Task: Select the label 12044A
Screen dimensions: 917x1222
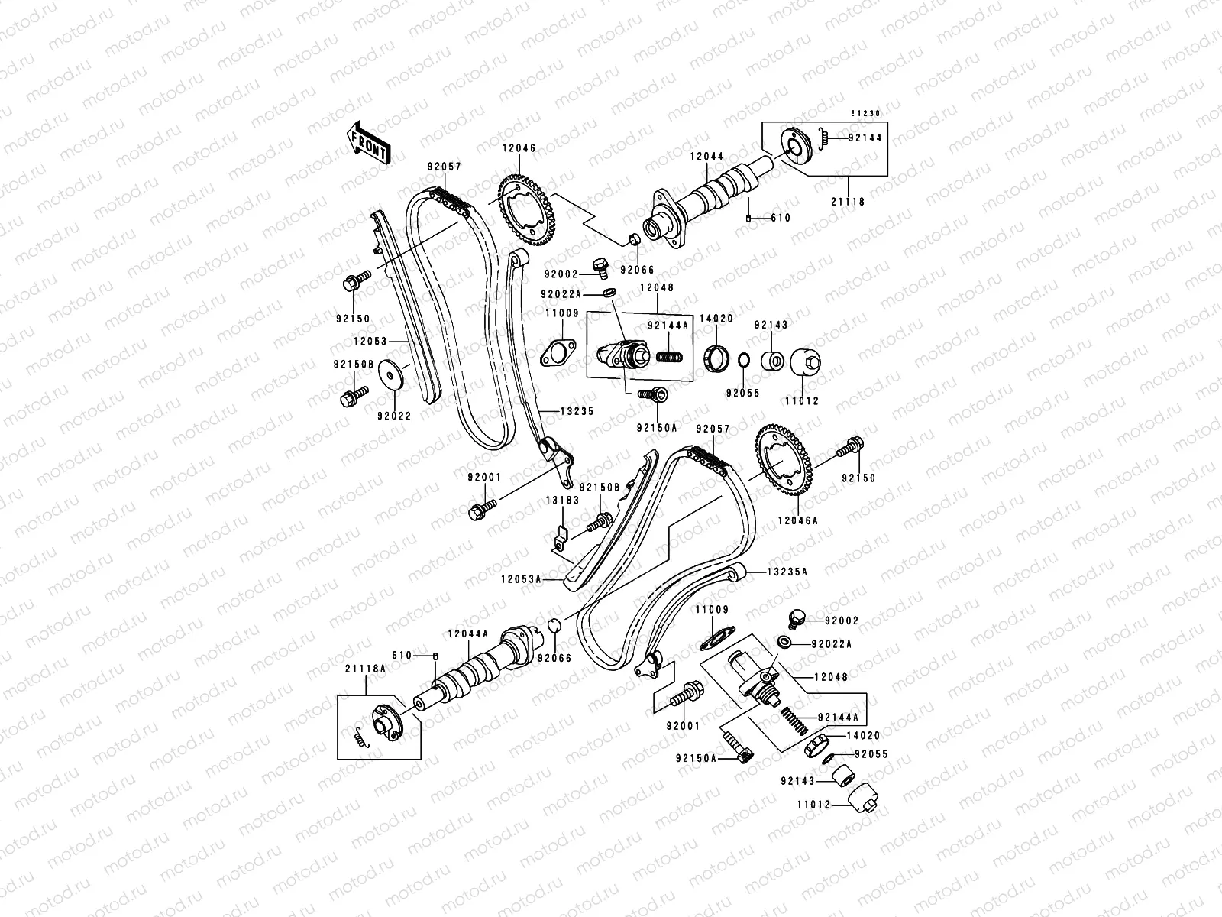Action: click(466, 633)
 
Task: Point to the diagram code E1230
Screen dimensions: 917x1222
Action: click(867, 113)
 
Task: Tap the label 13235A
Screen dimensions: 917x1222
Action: click(787, 571)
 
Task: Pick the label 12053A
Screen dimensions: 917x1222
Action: click(521, 579)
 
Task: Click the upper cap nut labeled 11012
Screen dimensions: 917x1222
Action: click(806, 361)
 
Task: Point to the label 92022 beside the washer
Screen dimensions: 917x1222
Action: click(394, 416)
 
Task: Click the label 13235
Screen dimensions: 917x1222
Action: click(577, 411)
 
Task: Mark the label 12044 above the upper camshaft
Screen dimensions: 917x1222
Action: click(706, 156)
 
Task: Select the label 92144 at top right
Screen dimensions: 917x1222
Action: click(865, 138)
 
